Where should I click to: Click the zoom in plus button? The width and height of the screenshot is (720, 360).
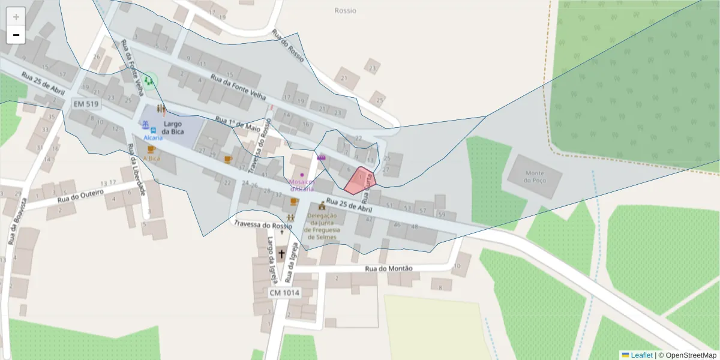pos(16,17)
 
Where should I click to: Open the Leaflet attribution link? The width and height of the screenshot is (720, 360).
pos(641,355)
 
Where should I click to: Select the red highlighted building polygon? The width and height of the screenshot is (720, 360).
pos(360,181)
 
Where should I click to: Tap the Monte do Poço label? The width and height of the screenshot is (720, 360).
pos(535,176)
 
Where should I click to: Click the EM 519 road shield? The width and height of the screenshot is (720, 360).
pos(86,104)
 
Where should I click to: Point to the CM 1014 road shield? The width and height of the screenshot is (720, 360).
pos(284,292)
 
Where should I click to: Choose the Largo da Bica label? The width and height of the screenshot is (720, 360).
pos(172,127)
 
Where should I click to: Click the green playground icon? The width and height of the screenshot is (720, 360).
pos(148,80)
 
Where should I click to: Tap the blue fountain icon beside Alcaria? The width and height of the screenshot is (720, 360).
pos(145,125)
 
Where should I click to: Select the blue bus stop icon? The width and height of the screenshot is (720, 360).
pos(154,130)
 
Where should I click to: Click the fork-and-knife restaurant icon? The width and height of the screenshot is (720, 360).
pos(161,109)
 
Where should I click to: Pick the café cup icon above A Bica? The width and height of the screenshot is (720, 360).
pos(151,149)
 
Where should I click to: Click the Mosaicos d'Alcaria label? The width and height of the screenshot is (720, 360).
pos(302,185)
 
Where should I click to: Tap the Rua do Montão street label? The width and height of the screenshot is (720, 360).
pos(389,268)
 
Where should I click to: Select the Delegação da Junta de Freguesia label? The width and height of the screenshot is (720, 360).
pos(322,226)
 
